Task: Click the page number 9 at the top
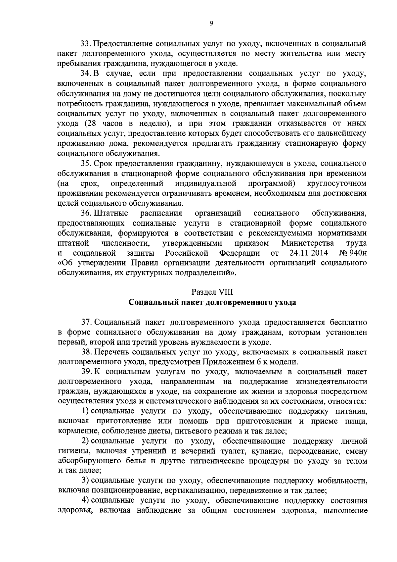pyautogui.click(x=211, y=23)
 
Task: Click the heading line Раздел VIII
pyautogui.click(x=212, y=292)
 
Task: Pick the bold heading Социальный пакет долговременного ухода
pyautogui.click(x=212, y=302)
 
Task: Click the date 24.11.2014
pyautogui.click(x=308, y=253)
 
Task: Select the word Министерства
pyautogui.click(x=307, y=243)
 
